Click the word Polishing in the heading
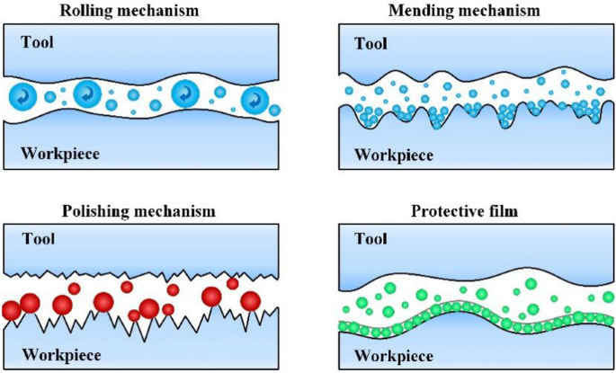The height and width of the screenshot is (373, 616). pyautogui.click(x=97, y=211)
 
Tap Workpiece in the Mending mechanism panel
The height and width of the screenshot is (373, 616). pyautogui.click(x=393, y=154)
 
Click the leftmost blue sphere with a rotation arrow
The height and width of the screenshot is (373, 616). pyautogui.click(x=22, y=95)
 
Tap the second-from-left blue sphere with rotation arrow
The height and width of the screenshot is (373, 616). pyautogui.click(x=88, y=93)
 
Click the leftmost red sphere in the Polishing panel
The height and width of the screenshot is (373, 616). pyautogui.click(x=11, y=311)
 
